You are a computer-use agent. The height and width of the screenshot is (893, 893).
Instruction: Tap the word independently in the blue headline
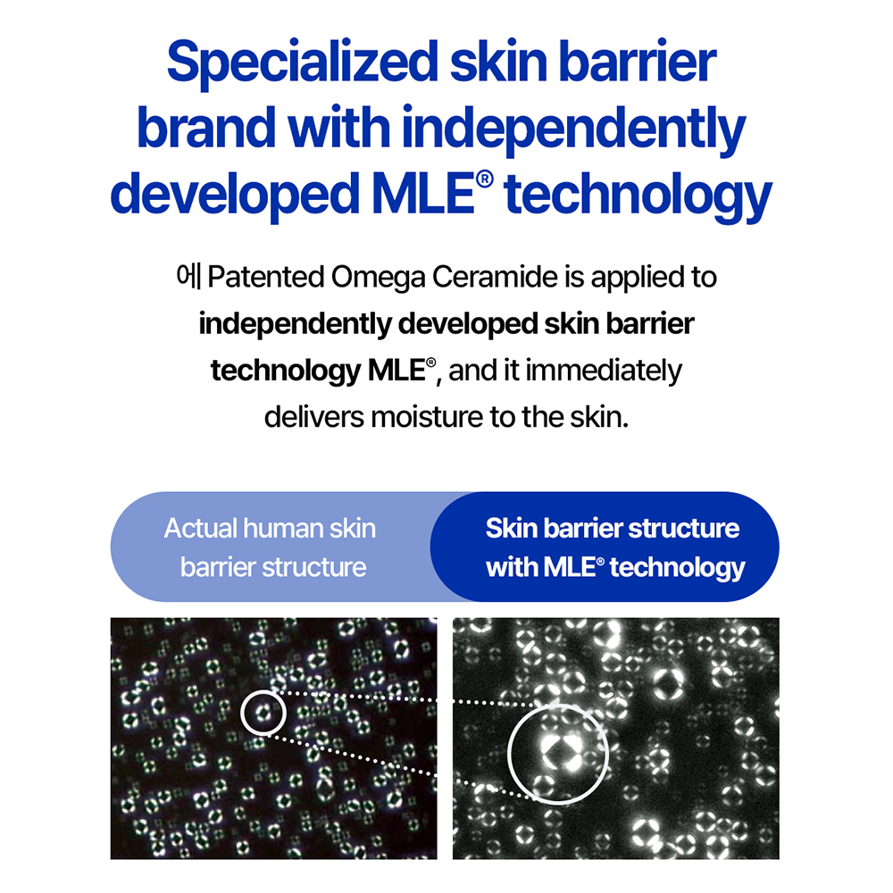573,129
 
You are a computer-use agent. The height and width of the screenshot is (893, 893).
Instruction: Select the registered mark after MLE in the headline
484,179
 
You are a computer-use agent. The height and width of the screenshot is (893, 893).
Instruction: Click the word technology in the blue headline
638,196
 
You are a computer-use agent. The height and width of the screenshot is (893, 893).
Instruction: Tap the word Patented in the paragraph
266,277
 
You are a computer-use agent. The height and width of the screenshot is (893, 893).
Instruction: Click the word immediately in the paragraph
603,371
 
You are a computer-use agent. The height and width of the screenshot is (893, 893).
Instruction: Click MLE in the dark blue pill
569,567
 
